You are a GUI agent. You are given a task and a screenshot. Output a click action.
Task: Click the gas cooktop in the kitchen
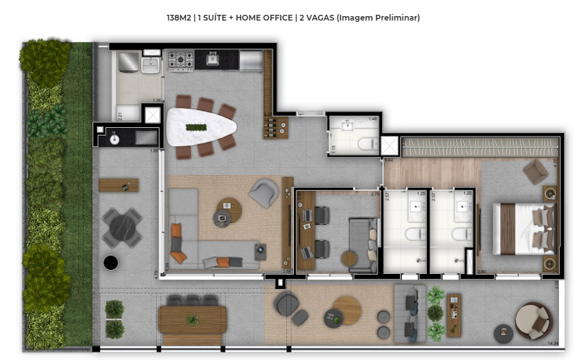(181, 61)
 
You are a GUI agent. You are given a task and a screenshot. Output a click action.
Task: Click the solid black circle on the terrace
(111, 262)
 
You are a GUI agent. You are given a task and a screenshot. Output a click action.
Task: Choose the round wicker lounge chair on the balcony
(533, 319)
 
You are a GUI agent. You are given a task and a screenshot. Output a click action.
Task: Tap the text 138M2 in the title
(178, 18)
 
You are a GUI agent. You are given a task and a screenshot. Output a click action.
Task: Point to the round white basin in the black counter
(114, 137)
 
